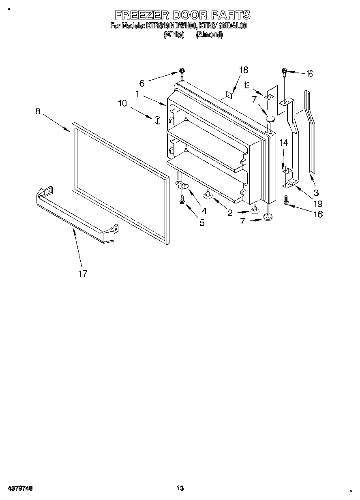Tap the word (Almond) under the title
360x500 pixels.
(x=209, y=35)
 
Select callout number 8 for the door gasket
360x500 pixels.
(x=38, y=111)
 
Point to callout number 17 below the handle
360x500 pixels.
(x=83, y=274)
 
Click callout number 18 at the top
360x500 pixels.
(x=243, y=70)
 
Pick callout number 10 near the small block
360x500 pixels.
(x=122, y=103)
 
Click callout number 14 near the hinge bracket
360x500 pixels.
(x=284, y=143)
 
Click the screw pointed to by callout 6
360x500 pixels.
(x=182, y=73)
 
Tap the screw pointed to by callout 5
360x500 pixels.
(x=182, y=199)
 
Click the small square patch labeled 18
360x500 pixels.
(x=229, y=95)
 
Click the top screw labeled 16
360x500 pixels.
(x=285, y=73)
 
